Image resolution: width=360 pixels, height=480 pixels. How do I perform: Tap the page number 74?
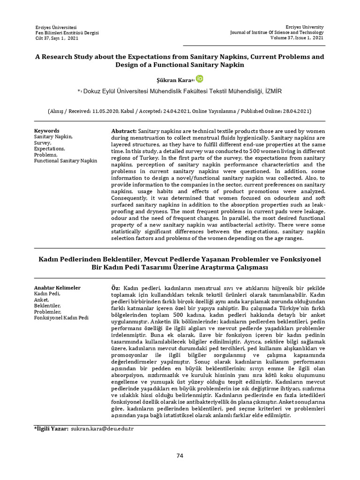coord(180,456)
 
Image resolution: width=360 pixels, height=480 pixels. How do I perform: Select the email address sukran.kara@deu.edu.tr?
coord(102,429)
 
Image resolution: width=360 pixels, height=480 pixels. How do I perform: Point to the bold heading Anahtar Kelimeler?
coord(57,287)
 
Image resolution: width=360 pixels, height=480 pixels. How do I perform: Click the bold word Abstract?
coord(124,131)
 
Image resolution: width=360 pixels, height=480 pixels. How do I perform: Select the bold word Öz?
coord(115,287)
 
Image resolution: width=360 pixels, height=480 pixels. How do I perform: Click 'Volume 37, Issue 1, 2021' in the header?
coord(295,38)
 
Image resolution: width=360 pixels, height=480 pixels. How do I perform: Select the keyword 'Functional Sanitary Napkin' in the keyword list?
coord(66,161)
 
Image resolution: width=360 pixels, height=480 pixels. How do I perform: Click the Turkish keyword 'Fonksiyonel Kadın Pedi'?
coord(61,318)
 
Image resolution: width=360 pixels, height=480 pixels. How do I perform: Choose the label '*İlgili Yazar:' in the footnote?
coord(51,429)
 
